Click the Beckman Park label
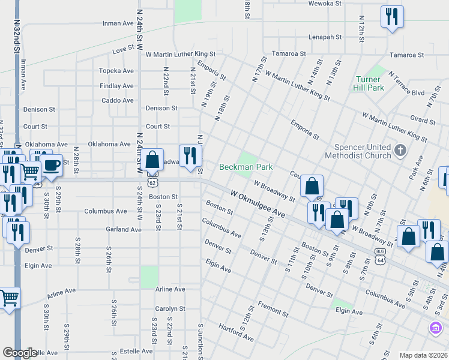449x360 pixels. [246, 167]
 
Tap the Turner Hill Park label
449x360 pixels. [369, 83]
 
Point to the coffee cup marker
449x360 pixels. [51, 165]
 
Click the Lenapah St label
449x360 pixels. [325, 37]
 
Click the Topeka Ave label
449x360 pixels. [116, 71]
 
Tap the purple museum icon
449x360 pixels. [435, 328]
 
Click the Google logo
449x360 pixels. [20, 353]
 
